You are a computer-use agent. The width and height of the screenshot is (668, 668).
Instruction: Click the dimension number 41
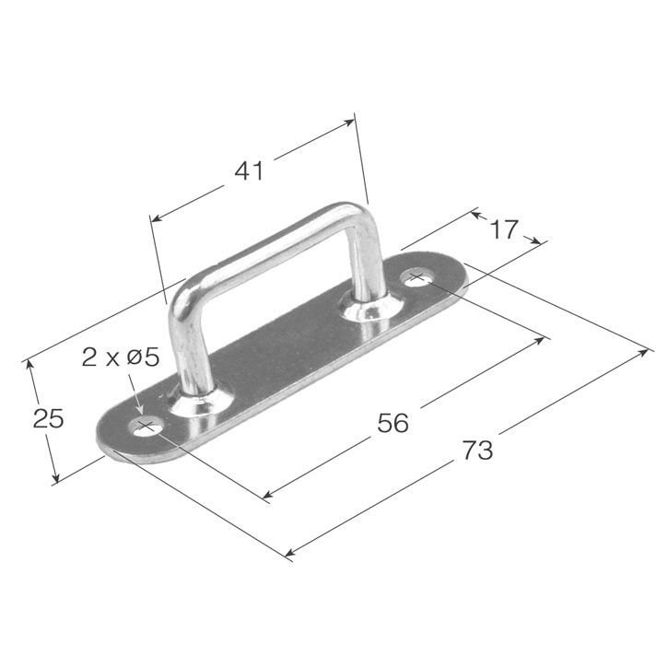[x=249, y=170]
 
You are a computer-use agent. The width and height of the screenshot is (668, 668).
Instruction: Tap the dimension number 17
[x=504, y=229]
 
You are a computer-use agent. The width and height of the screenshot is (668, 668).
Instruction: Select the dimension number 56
[x=393, y=423]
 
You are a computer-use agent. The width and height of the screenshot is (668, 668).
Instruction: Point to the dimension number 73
[x=477, y=451]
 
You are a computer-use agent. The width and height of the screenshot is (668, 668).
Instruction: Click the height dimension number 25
[x=48, y=419]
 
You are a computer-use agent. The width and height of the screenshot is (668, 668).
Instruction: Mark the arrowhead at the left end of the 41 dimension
[x=155, y=219]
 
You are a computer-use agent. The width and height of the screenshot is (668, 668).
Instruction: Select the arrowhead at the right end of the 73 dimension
[x=647, y=352]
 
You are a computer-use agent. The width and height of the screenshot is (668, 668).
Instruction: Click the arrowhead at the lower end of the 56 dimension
[x=266, y=497]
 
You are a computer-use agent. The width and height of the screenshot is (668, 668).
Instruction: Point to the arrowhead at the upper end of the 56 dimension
[x=544, y=339]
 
